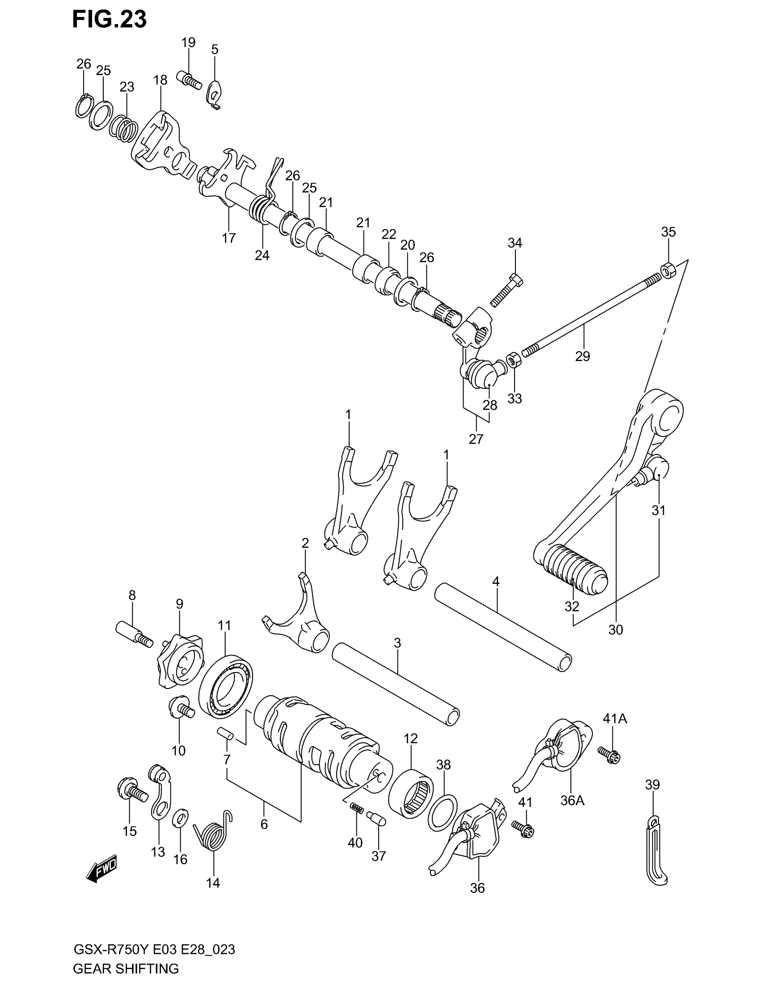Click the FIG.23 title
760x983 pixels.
[x=110, y=20]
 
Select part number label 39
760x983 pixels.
[x=652, y=785]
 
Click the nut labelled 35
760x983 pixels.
[x=667, y=270]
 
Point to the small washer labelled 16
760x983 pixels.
[x=181, y=817]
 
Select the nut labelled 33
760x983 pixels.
[x=514, y=360]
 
